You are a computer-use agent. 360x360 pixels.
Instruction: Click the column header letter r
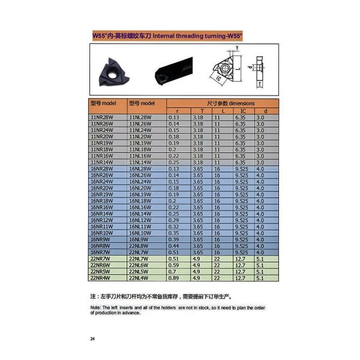tap(178, 111)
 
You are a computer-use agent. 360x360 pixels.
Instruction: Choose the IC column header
tap(243, 111)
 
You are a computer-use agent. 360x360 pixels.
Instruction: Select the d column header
tap(265, 111)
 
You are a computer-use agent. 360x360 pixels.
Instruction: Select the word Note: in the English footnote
tap(95, 307)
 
